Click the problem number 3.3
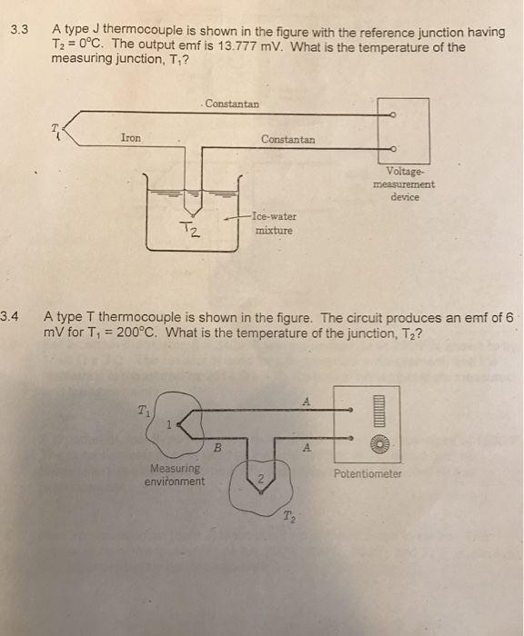(19, 31)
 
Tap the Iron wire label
(131, 138)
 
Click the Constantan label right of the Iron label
(288, 139)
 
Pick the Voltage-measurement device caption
(403, 184)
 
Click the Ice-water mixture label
(276, 224)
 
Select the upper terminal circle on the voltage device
(392, 114)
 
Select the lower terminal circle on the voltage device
(392, 147)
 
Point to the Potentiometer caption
(368, 473)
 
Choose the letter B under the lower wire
(217, 446)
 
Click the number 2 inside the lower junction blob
(258, 480)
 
